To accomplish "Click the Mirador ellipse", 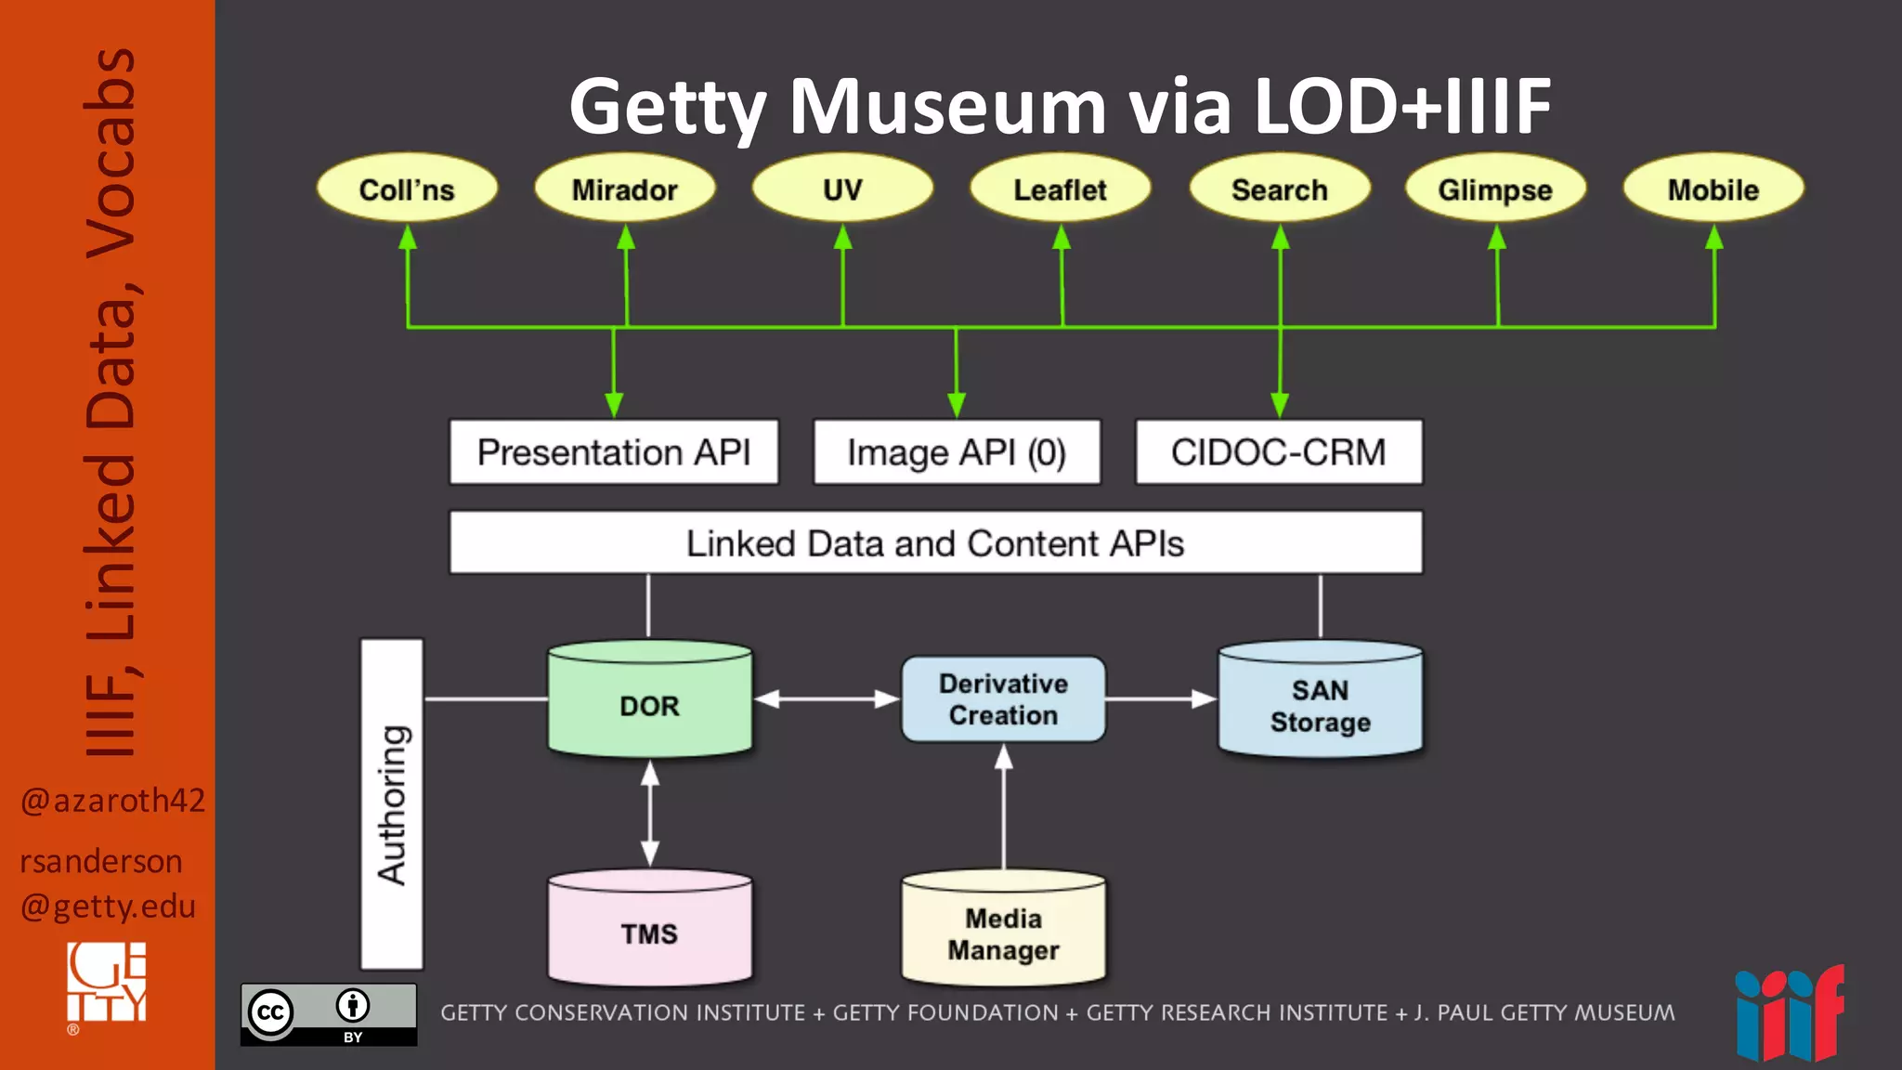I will click(625, 189).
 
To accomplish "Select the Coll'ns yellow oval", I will click(407, 189).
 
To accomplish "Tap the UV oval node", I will click(842, 189).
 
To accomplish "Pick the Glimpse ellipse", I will click(1495, 189).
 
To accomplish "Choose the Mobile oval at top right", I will click(1713, 189).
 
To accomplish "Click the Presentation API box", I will click(614, 452).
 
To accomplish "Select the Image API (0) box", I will click(957, 452).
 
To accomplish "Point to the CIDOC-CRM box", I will click(1279, 452).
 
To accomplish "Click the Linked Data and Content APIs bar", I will click(935, 542).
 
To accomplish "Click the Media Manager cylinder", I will click(1003, 933).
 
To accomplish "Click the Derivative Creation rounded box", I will click(1003, 699).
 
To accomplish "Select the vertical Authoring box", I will click(392, 804).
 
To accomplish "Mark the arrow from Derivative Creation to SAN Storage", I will click(1161, 698).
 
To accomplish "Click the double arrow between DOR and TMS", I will click(650, 814).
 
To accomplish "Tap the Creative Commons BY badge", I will click(329, 1014).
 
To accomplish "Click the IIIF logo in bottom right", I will click(1789, 1014).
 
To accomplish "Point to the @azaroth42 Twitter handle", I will click(112, 800).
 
